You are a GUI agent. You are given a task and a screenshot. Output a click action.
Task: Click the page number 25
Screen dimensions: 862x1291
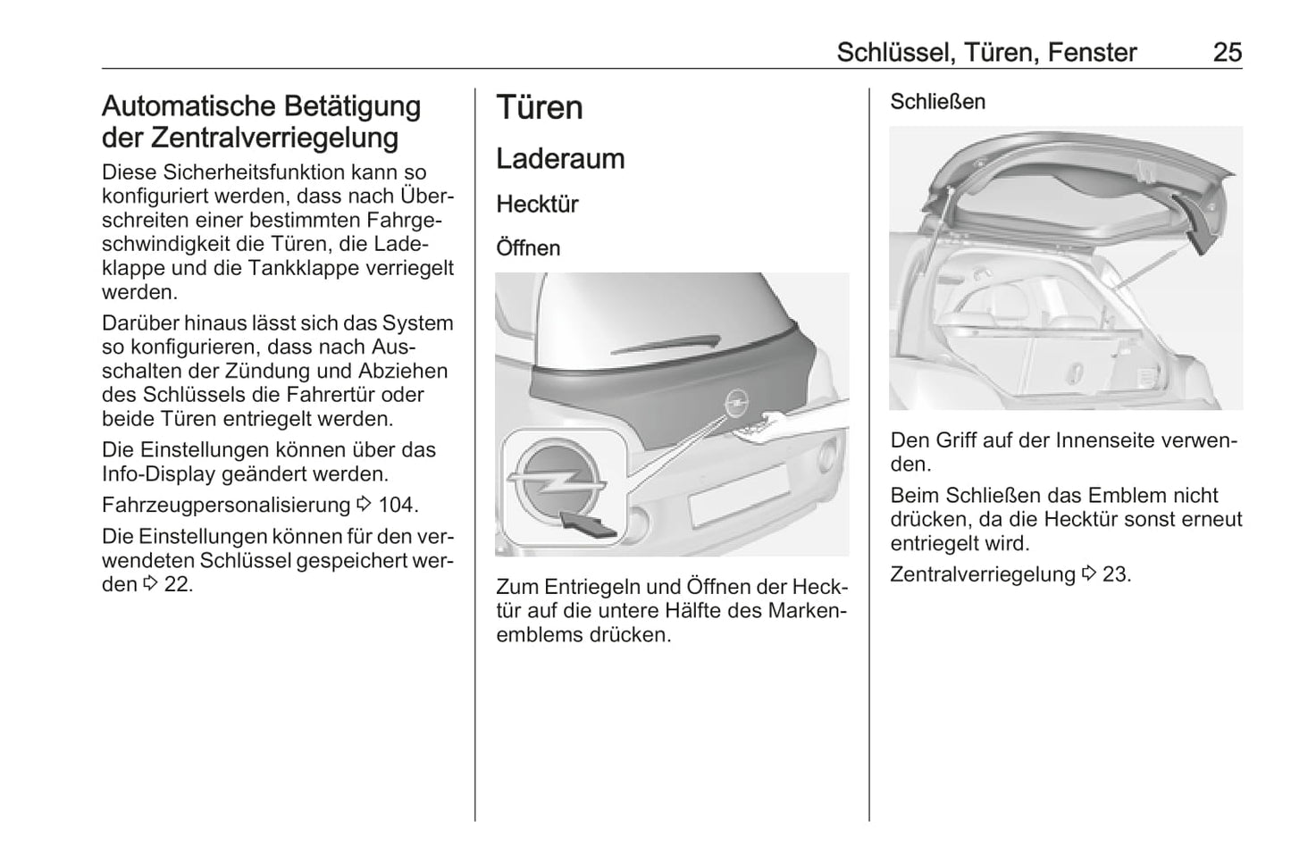pyautogui.click(x=1227, y=53)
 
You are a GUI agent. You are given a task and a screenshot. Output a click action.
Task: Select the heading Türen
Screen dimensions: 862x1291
pyautogui.click(x=540, y=108)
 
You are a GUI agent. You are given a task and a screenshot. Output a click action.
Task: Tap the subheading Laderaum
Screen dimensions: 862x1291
pyautogui.click(x=560, y=159)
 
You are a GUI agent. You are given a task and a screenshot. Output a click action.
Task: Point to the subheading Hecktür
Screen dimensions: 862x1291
pyautogui.click(x=537, y=205)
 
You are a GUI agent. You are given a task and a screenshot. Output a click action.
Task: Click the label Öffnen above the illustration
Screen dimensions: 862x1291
pyautogui.click(x=528, y=248)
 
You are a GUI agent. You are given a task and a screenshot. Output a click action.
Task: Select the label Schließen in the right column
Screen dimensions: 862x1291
pyautogui.click(x=937, y=102)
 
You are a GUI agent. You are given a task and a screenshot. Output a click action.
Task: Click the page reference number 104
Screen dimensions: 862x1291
pyautogui.click(x=397, y=505)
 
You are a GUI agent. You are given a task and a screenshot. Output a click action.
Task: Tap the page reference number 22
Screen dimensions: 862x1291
pyautogui.click(x=178, y=584)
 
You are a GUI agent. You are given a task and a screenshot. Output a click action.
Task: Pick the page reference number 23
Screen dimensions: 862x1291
pyautogui.click(x=1116, y=574)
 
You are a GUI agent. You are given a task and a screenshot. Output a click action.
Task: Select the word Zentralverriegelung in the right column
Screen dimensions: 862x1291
pyautogui.click(x=982, y=574)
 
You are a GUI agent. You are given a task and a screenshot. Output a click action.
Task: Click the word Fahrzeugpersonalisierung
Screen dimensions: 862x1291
pyautogui.click(x=225, y=505)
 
